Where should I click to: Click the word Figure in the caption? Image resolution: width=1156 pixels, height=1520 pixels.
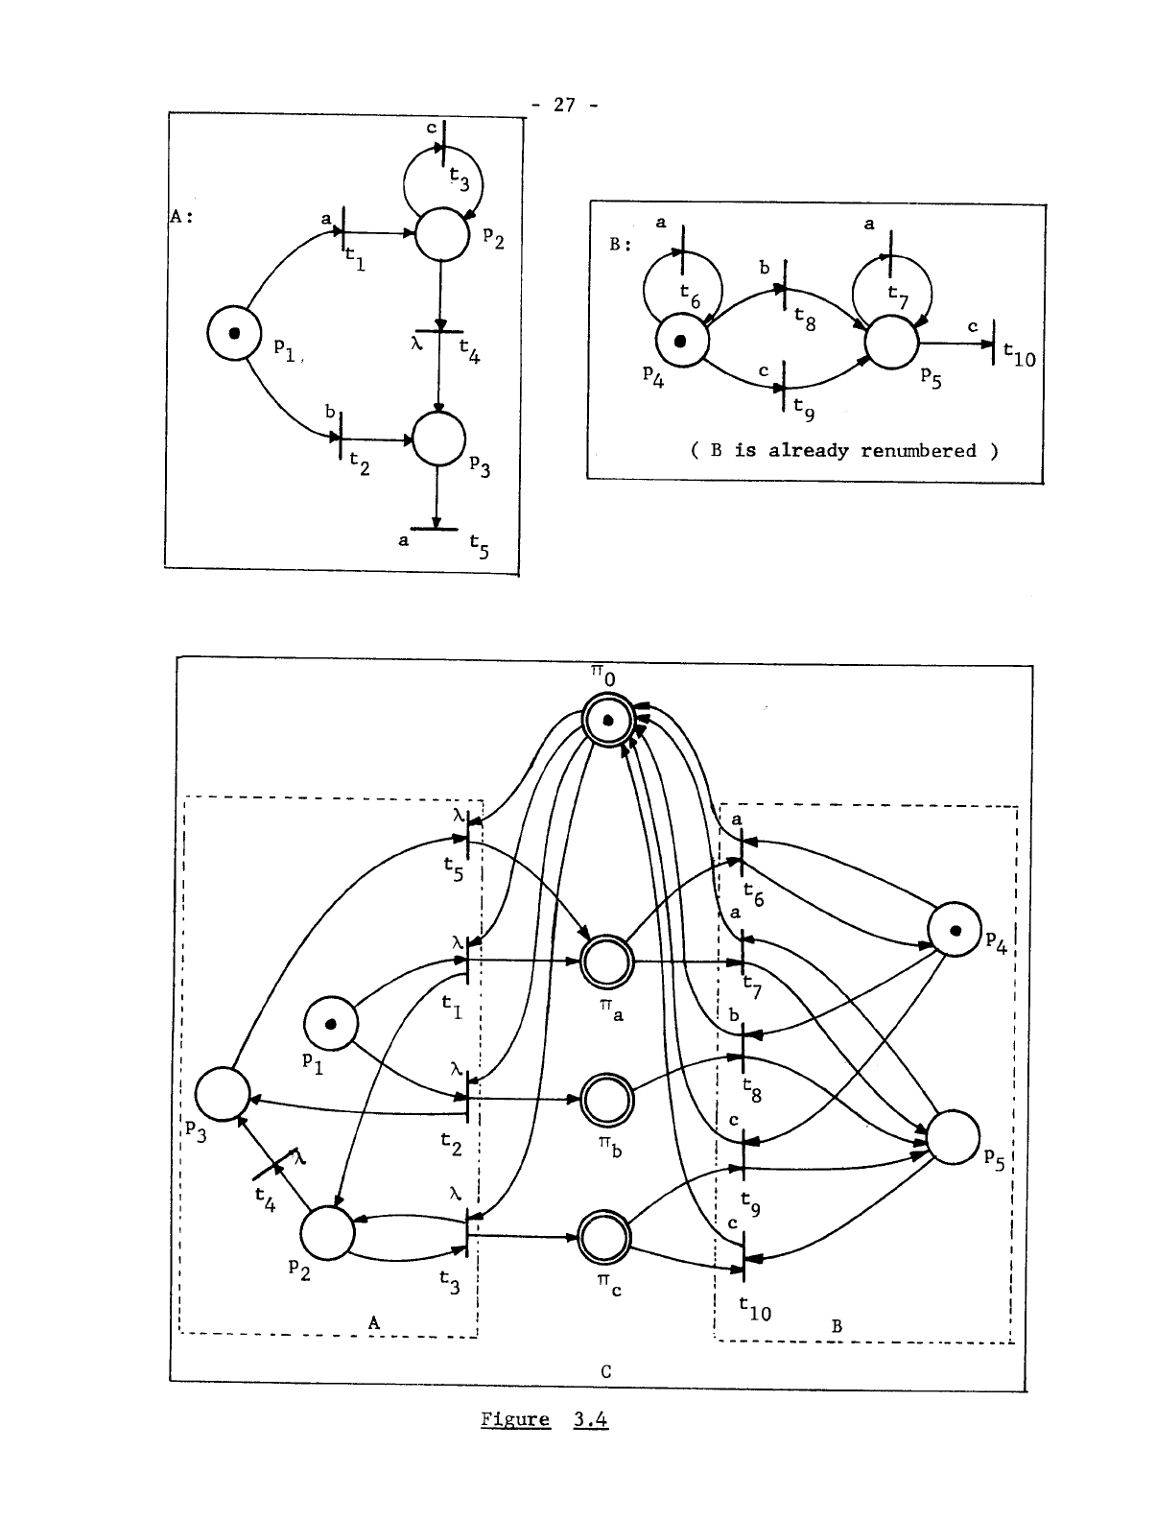(x=515, y=1419)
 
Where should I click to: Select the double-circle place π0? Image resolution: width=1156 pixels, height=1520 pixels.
(x=607, y=722)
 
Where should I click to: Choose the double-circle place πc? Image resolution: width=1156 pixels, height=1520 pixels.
(x=605, y=1239)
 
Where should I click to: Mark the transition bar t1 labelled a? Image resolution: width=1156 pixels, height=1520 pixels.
(x=342, y=232)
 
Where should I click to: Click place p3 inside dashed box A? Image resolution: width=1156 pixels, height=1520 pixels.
(x=223, y=1093)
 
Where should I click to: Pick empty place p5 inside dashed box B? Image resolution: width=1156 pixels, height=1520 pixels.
(x=954, y=1137)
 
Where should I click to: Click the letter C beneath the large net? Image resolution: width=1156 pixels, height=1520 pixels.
(x=606, y=1371)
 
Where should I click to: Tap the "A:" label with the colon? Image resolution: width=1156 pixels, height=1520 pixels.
(x=182, y=217)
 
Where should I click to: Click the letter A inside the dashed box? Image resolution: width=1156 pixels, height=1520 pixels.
(x=374, y=1322)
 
